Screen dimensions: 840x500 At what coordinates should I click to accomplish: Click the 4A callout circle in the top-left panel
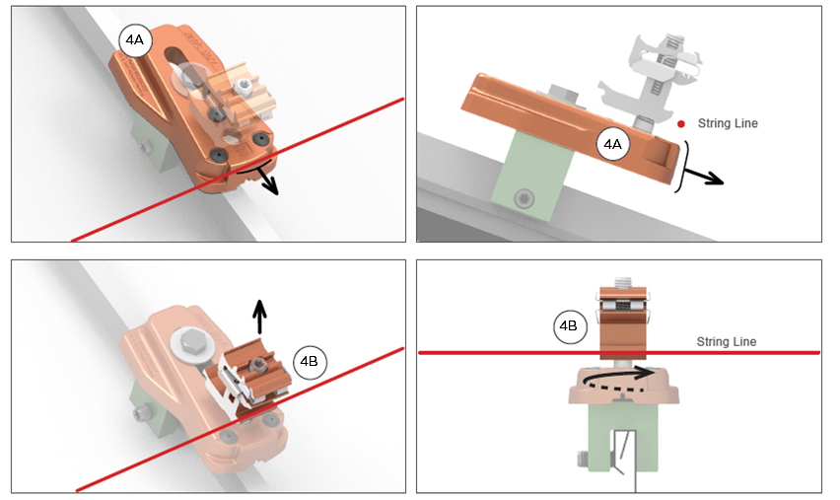135,40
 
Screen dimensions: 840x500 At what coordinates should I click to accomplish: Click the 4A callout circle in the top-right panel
613,144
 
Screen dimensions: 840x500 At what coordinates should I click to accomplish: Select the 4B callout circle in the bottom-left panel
310,361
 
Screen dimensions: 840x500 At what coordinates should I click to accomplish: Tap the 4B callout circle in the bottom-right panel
569,325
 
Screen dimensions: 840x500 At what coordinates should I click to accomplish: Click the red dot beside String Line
681,124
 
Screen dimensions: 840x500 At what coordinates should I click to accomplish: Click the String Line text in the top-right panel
728,123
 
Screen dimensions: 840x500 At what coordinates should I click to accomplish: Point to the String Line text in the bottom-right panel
727,341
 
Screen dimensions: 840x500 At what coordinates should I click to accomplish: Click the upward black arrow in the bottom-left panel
259,317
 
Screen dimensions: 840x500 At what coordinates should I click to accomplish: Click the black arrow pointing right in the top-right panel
704,176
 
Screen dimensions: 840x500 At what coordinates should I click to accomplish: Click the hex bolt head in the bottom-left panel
188,341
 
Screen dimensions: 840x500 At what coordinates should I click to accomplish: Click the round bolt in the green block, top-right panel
524,199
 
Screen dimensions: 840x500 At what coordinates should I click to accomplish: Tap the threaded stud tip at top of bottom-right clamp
622,281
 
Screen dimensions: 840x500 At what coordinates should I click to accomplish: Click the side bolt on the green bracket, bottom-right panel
583,459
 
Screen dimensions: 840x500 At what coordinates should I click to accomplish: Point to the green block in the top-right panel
529,176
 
